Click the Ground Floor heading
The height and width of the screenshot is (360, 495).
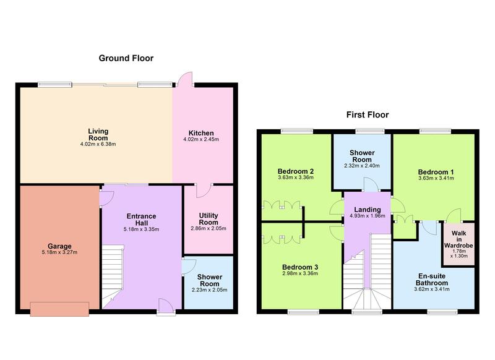tap(126, 58)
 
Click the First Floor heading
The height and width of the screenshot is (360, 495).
tap(368, 114)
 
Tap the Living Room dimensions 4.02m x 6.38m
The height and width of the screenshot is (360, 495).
tap(98, 144)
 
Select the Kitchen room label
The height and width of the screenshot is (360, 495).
tap(201, 133)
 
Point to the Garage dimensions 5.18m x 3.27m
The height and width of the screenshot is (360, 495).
tap(59, 252)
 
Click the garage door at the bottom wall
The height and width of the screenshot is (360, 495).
tap(59, 309)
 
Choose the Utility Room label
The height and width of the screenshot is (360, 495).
tap(209, 218)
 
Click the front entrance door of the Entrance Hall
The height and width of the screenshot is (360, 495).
tap(166, 307)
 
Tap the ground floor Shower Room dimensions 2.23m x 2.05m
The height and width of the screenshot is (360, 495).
tap(209, 290)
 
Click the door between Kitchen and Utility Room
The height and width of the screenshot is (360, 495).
tap(204, 191)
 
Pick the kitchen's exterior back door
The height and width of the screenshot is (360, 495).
tap(185, 80)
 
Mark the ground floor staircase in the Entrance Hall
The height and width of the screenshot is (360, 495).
tap(113, 276)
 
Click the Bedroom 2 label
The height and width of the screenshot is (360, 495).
tap(296, 171)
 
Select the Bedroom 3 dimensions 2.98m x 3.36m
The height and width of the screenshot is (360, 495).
tap(300, 273)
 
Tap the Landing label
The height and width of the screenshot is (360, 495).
tap(368, 210)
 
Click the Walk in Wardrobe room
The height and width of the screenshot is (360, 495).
tap(458, 244)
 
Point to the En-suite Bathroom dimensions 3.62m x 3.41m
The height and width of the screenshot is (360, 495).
tap(432, 289)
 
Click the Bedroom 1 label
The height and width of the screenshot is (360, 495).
tap(436, 172)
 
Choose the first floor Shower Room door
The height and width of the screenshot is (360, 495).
tap(370, 184)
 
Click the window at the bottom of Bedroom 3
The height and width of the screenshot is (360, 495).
tap(303, 312)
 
